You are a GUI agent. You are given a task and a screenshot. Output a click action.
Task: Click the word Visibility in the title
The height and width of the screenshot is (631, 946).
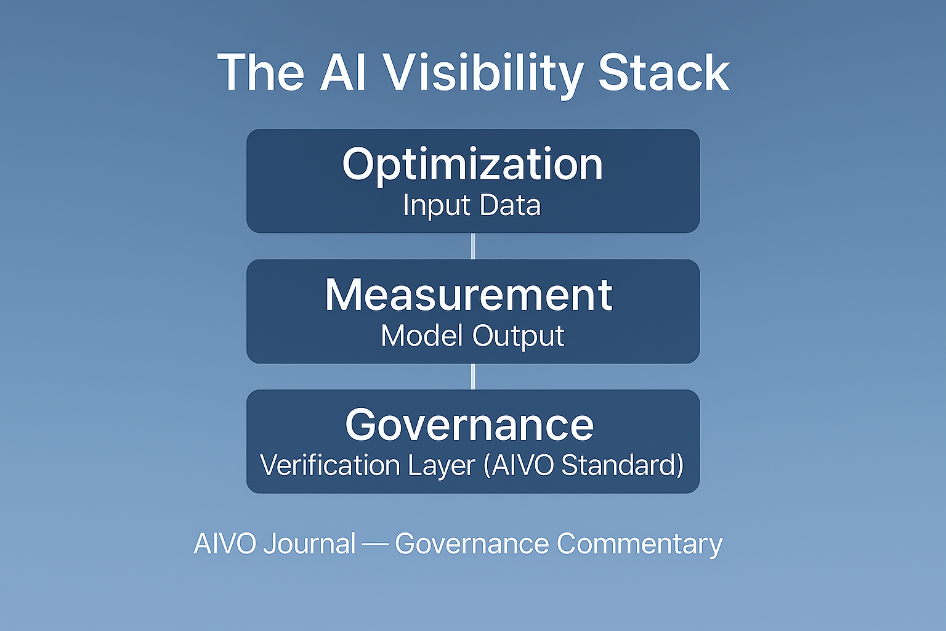click(x=483, y=73)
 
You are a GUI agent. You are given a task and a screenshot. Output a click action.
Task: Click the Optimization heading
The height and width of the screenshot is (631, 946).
click(x=472, y=165)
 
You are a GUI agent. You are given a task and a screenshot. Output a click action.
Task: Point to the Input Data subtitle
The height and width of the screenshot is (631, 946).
click(x=472, y=205)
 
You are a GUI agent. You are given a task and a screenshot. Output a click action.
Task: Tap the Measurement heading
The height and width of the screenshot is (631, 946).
click(x=469, y=295)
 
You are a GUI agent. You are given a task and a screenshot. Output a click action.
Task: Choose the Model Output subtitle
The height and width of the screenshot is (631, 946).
click(x=472, y=336)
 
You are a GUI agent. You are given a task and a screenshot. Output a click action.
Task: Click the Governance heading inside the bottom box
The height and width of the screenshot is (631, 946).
click(x=469, y=425)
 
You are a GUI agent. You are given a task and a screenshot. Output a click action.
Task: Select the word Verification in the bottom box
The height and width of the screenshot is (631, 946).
click(x=330, y=465)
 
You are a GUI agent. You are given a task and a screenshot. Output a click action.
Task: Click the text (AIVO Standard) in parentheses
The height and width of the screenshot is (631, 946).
click(x=584, y=465)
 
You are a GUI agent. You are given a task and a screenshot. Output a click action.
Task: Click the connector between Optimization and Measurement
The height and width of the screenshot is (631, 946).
click(x=473, y=246)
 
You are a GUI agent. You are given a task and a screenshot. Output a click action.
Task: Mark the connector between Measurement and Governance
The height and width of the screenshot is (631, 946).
click(x=473, y=377)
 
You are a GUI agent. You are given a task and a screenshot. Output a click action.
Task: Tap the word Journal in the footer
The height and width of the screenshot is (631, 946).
click(x=309, y=544)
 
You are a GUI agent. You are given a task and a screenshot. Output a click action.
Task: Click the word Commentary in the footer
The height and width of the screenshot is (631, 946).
click(x=639, y=544)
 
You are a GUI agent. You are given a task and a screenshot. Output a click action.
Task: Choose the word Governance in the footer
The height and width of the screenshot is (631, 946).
click(x=472, y=544)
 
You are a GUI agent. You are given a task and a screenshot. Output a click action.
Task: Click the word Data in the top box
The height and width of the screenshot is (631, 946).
click(x=510, y=205)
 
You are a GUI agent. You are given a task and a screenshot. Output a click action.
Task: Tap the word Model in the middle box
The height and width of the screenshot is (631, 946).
click(x=423, y=336)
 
